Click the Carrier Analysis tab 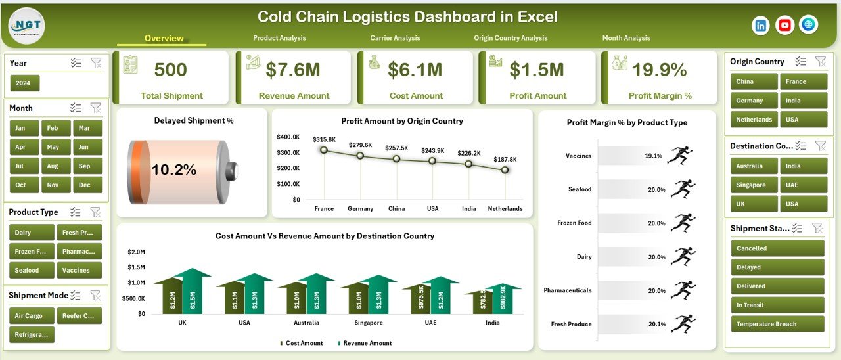click(395, 38)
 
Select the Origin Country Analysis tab click(511, 38)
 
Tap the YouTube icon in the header click(784, 25)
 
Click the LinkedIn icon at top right click(761, 25)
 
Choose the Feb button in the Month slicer click(53, 128)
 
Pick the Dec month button click(85, 185)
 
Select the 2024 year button click(25, 83)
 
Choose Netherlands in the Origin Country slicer click(754, 120)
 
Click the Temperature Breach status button click(777, 324)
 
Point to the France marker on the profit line click(323, 150)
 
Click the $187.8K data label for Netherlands click(505, 160)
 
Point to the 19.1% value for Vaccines click(653, 156)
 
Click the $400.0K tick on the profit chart click(288, 137)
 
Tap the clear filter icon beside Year click(96, 63)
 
